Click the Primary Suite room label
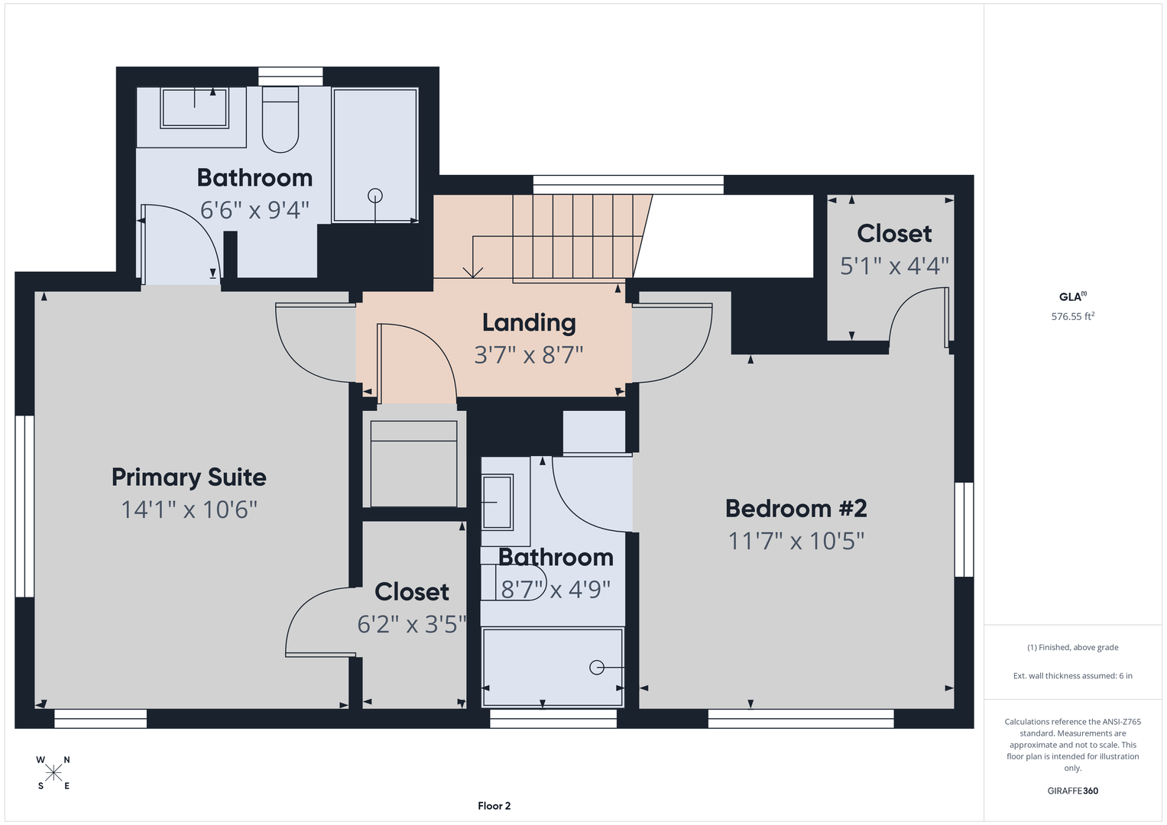[189, 477]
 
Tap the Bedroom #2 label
[796, 508]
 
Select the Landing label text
[529, 323]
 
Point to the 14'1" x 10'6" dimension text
[189, 510]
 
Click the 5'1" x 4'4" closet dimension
[894, 266]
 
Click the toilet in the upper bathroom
[280, 120]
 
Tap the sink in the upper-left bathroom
[194, 108]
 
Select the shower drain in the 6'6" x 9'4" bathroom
[375, 196]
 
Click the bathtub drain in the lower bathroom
[597, 667]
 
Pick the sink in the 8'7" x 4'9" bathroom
[498, 502]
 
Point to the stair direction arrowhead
[472, 273]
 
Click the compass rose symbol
[53, 773]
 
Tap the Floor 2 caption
[494, 806]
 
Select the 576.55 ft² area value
[1073, 316]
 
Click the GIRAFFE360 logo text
[1073, 791]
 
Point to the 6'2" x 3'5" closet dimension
[412, 624]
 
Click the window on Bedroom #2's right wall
[964, 529]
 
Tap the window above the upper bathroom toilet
[290, 76]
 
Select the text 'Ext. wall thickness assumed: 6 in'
[1073, 675]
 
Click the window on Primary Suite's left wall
[24, 506]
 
